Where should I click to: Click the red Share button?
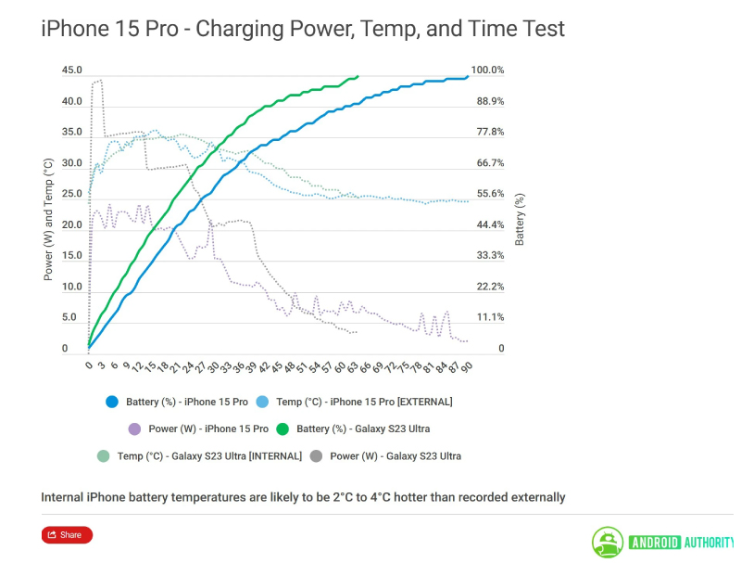(x=67, y=534)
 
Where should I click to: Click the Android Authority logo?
(x=663, y=542)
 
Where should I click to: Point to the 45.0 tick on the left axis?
(x=71, y=70)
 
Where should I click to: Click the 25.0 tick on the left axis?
(x=71, y=194)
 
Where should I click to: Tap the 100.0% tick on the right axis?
(x=487, y=70)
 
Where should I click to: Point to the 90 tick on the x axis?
(x=468, y=366)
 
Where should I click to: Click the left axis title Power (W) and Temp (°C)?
(x=48, y=219)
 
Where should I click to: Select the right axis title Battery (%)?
(x=520, y=219)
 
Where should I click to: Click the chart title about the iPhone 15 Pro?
(x=303, y=29)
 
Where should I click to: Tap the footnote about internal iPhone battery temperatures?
(x=303, y=497)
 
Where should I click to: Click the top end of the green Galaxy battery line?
(x=358, y=77)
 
